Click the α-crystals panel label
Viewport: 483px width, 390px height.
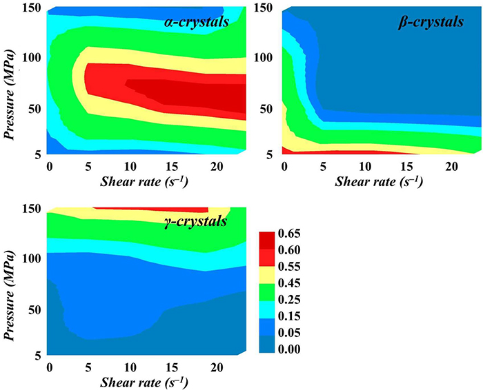196,23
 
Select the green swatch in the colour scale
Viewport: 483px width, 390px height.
268,298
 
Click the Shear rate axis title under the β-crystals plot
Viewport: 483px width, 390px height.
379,181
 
